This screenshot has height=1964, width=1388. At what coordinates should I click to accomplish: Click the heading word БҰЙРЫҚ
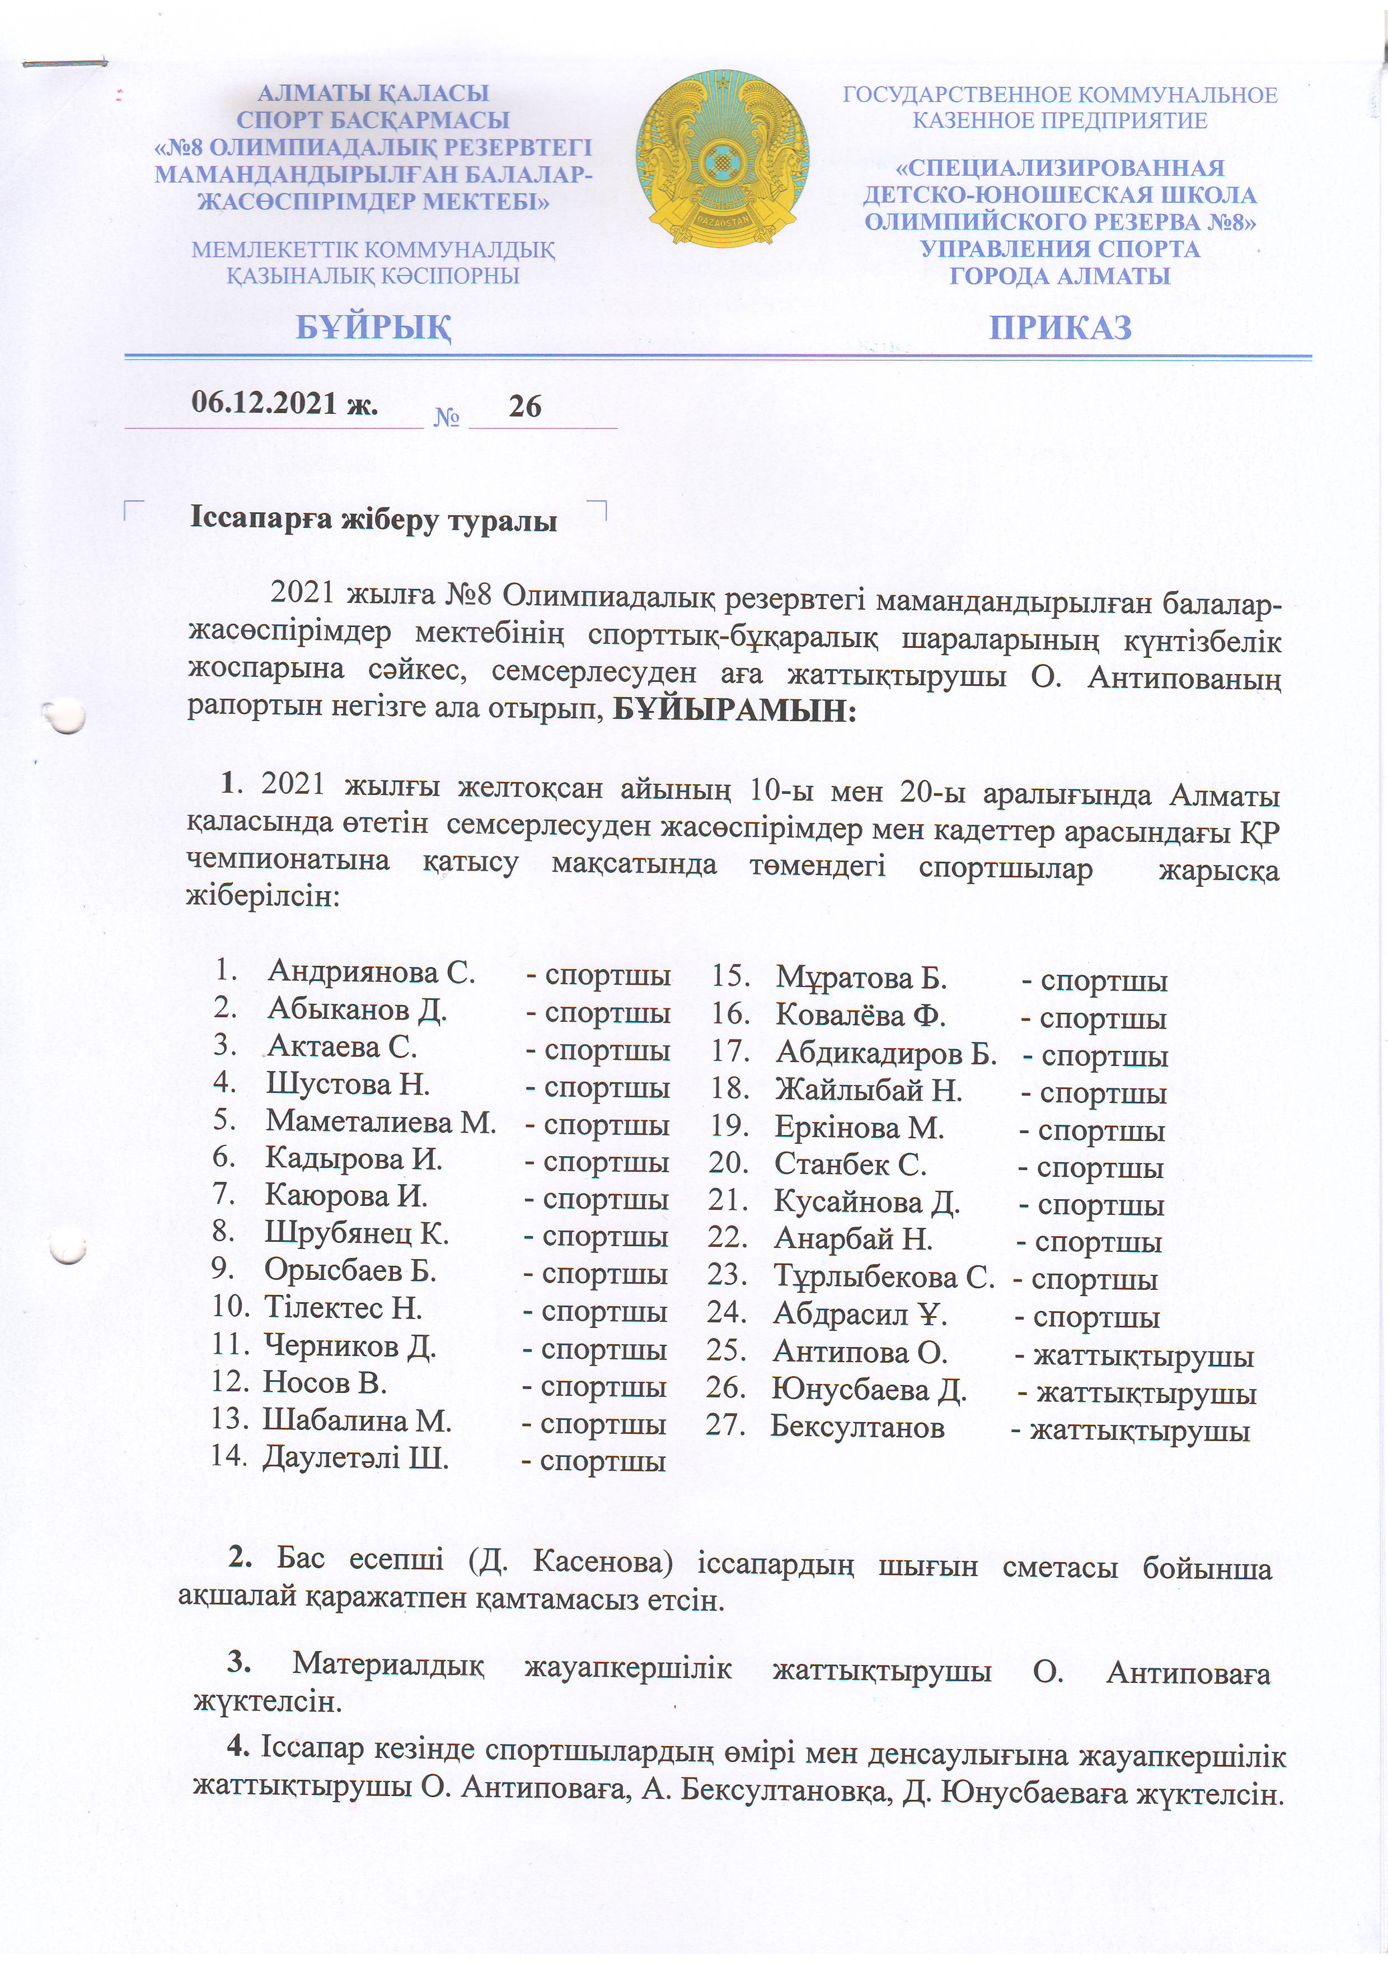[374, 328]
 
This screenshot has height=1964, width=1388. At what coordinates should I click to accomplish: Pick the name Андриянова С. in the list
[371, 972]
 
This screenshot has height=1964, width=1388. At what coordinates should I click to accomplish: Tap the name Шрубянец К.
[356, 1233]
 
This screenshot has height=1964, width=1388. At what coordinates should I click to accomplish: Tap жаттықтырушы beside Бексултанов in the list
[1140, 1431]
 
